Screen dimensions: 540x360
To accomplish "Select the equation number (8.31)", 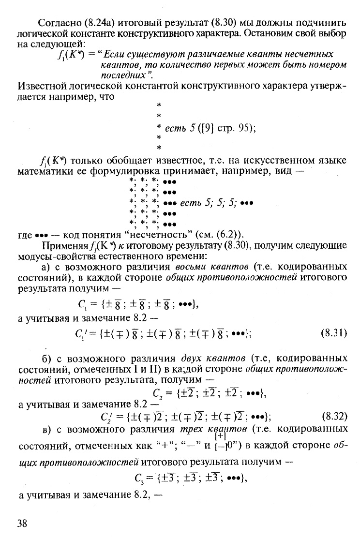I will coord(333,333).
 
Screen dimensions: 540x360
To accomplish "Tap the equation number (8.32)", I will coord(333,416).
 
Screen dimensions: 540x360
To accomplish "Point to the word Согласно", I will coord(54,23).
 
